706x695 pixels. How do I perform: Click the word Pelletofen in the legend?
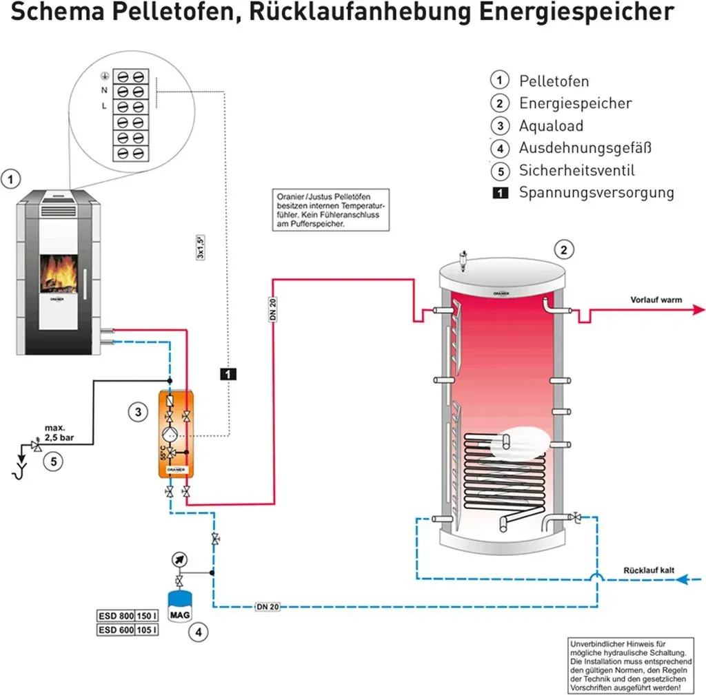tap(554, 81)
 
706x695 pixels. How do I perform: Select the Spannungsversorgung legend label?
tap(596, 193)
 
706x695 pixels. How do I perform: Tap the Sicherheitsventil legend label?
tap(577, 171)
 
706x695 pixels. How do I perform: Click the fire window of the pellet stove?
tap(59, 273)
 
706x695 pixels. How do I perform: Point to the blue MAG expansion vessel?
tap(180, 607)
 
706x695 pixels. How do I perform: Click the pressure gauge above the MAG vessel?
tap(179, 559)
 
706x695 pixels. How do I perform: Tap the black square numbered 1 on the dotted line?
tap(228, 374)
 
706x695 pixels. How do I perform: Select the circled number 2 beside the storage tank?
tap(564, 249)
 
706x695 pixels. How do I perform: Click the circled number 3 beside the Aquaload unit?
tap(138, 412)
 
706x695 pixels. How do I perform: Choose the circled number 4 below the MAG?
tap(199, 632)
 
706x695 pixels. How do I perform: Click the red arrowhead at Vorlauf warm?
tap(698, 309)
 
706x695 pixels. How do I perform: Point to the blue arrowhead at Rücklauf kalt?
tap(683, 579)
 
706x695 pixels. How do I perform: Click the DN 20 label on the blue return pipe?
tap(268, 607)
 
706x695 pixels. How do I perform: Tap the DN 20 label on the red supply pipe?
tap(273, 309)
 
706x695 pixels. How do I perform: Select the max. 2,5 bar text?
tap(59, 433)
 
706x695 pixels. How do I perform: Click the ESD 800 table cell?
tap(116, 616)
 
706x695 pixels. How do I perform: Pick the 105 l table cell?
tap(146, 630)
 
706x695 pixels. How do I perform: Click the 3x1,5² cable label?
tap(201, 247)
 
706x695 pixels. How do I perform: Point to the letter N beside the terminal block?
tap(104, 90)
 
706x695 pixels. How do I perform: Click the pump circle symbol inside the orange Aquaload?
tap(170, 435)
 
